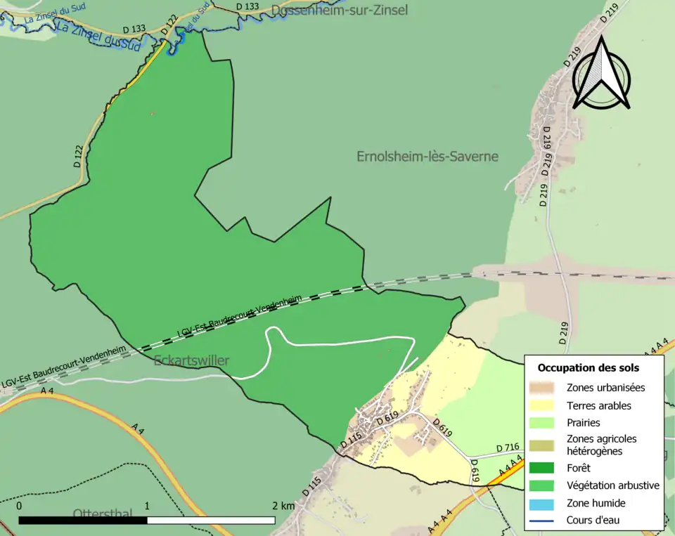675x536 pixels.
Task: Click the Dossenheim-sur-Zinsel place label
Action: pyautogui.click(x=339, y=10)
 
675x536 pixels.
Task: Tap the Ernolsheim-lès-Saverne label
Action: pyautogui.click(x=427, y=157)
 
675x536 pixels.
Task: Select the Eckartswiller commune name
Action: pyautogui.click(x=191, y=361)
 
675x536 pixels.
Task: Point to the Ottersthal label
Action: pyautogui.click(x=102, y=514)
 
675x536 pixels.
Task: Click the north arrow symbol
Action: pyautogui.click(x=601, y=74)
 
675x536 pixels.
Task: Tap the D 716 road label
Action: pyautogui.click(x=507, y=447)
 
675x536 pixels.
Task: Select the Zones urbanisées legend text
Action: pyautogui.click(x=605, y=387)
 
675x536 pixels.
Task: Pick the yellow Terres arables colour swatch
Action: pyautogui.click(x=544, y=405)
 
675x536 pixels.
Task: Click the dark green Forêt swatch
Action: pyautogui.click(x=544, y=467)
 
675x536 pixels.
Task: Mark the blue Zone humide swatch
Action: pyautogui.click(x=544, y=503)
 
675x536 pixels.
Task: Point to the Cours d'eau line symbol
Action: pyautogui.click(x=544, y=521)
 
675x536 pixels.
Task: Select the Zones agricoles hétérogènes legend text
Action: pyautogui.click(x=601, y=444)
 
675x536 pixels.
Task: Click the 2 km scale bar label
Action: pyautogui.click(x=283, y=506)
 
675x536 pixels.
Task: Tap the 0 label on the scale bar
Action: pyautogui.click(x=19, y=506)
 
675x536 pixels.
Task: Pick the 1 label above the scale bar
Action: pyautogui.click(x=147, y=506)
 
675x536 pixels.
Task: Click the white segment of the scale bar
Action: pyautogui.click(x=211, y=521)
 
